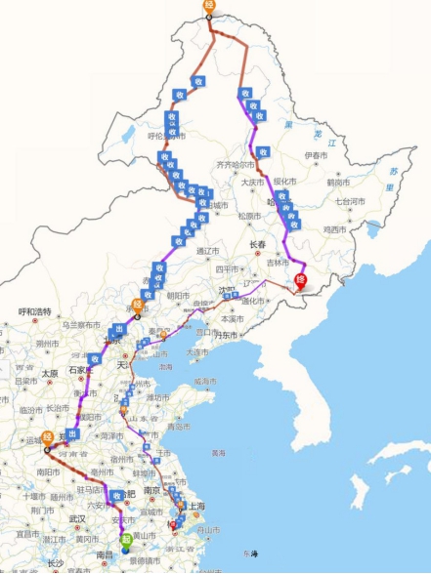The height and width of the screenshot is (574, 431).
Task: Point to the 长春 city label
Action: click(x=258, y=244)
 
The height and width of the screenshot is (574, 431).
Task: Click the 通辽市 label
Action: click(x=208, y=251)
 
